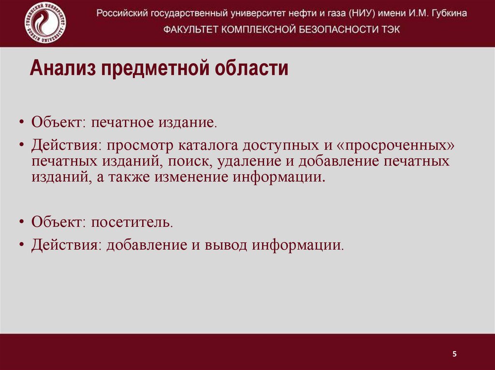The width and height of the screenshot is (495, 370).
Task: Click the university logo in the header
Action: point(45,23)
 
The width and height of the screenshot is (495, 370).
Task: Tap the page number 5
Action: point(454,354)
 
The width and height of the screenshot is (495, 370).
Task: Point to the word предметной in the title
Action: point(154,69)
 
